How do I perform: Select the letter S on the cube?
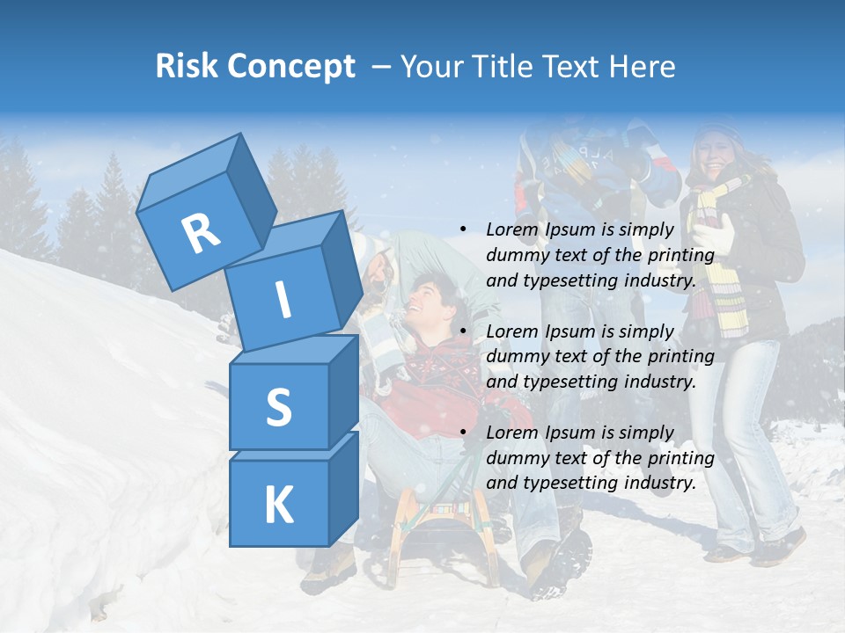point(278,407)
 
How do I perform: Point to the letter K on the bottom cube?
point(278,505)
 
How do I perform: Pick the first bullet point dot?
point(463,229)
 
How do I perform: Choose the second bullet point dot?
point(463,331)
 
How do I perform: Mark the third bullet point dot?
point(463,433)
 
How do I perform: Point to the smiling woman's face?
point(715,154)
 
